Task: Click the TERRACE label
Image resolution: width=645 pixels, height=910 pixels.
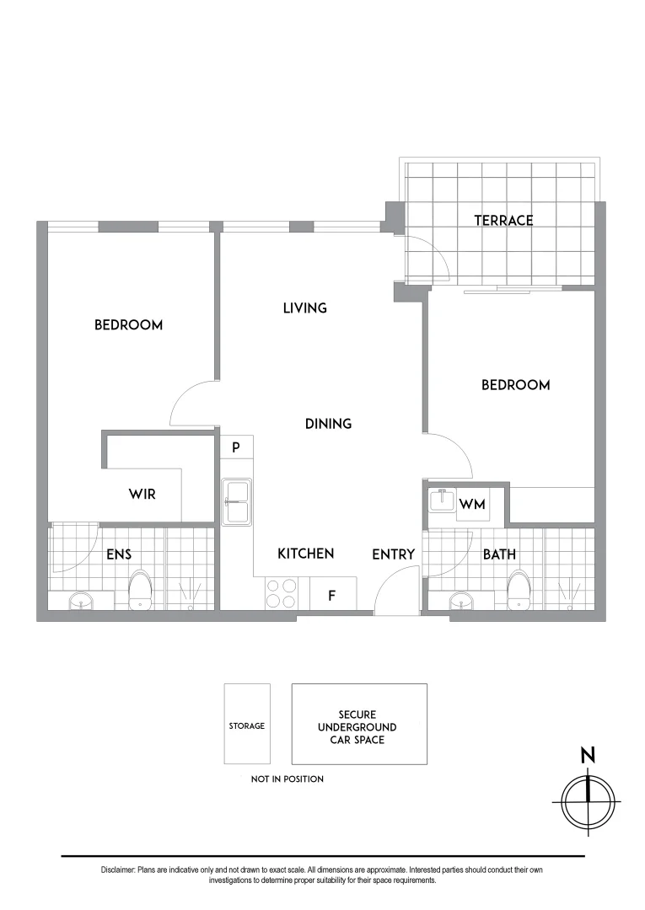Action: pyautogui.click(x=503, y=221)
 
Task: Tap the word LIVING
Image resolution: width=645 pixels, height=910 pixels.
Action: pyautogui.click(x=304, y=308)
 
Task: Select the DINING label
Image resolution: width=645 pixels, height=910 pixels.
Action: pyautogui.click(x=328, y=424)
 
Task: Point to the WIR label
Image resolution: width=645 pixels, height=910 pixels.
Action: pyautogui.click(x=142, y=495)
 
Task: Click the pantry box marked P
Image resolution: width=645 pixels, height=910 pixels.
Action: pyautogui.click(x=237, y=447)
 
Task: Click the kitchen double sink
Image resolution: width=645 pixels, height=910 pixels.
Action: pyautogui.click(x=237, y=502)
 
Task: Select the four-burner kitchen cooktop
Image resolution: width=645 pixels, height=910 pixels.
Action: pyautogui.click(x=281, y=593)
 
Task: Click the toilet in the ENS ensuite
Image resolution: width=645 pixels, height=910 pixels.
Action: pyautogui.click(x=139, y=589)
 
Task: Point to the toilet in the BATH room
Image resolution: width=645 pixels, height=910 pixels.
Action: pyautogui.click(x=519, y=589)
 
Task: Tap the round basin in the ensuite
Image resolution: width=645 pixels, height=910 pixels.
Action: pyautogui.click(x=81, y=601)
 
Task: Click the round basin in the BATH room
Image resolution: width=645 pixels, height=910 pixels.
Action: pyautogui.click(x=461, y=601)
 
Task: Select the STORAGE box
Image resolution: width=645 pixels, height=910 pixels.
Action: pyautogui.click(x=247, y=725)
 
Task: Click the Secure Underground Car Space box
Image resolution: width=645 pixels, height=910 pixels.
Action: pyautogui.click(x=359, y=724)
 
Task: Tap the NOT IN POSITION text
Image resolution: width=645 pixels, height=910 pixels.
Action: pyautogui.click(x=288, y=779)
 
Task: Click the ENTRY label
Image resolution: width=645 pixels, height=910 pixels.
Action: pyautogui.click(x=394, y=554)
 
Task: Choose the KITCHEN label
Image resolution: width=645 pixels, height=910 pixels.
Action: pyautogui.click(x=306, y=554)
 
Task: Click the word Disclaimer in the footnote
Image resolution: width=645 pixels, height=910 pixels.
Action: pyautogui.click(x=116, y=870)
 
